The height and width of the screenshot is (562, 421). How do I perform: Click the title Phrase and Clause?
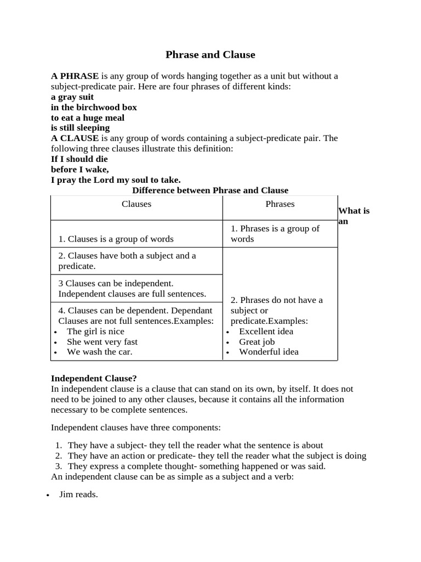pyautogui.click(x=210, y=55)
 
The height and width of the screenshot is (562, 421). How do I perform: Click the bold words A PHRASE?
pyautogui.click(x=75, y=76)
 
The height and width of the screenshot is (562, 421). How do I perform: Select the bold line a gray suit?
pyautogui.click(x=72, y=97)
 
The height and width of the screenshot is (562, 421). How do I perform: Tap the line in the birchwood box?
pyautogui.click(x=94, y=108)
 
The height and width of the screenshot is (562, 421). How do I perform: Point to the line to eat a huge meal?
pyautogui.click(x=88, y=118)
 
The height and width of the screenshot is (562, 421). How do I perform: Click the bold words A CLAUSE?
pyautogui.click(x=75, y=138)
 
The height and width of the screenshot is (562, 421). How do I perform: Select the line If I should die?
pyautogui.click(x=79, y=159)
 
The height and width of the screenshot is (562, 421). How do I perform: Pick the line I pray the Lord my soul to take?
pyautogui.click(x=116, y=180)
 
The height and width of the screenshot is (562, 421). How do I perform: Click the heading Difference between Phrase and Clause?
pyautogui.click(x=210, y=190)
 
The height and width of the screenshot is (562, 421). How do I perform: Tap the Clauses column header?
pyautogui.click(x=136, y=204)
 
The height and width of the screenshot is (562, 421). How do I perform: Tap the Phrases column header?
pyautogui.click(x=280, y=204)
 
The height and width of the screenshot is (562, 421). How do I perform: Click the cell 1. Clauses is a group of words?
pyautogui.click(x=116, y=239)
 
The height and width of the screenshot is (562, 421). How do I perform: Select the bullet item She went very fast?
pyautogui.click(x=102, y=342)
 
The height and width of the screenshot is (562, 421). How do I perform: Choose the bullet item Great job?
pyautogui.click(x=257, y=342)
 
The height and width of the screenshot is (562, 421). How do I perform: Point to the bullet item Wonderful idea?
pyautogui.click(x=269, y=352)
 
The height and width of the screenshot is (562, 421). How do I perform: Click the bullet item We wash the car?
pyautogui.click(x=99, y=352)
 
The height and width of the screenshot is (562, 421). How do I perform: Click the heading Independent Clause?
pyautogui.click(x=94, y=379)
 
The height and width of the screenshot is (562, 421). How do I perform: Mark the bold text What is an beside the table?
pyautogui.click(x=354, y=216)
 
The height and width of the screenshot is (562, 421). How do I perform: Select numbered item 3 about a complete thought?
pyautogui.click(x=196, y=467)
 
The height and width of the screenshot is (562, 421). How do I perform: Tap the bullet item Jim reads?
pyautogui.click(x=78, y=495)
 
